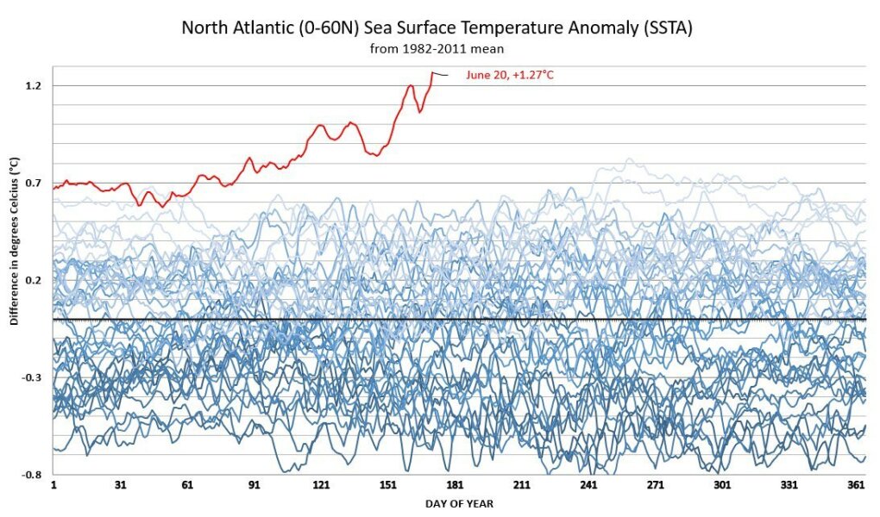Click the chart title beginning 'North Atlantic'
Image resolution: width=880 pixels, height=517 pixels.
[437, 28]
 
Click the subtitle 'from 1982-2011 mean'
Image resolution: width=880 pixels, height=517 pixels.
[437, 49]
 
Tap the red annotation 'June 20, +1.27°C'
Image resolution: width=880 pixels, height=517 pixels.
[509, 76]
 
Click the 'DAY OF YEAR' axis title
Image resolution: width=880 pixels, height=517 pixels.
[459, 504]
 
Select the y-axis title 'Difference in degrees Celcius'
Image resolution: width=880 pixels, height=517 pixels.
[14, 241]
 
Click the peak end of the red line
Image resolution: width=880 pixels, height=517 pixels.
[432, 73]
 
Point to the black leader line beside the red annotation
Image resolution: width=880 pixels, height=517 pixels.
[441, 75]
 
